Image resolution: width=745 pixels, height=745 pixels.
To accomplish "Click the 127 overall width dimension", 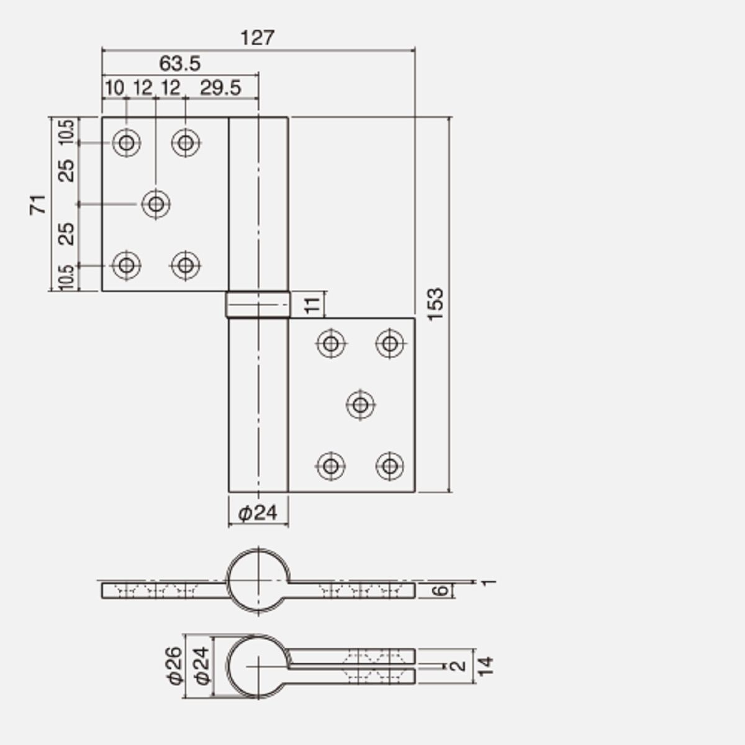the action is pyautogui.click(x=257, y=38).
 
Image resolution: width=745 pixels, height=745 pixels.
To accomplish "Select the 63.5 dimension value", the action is pyautogui.click(x=180, y=63).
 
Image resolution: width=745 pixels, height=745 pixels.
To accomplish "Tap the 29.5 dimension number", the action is pyautogui.click(x=220, y=88).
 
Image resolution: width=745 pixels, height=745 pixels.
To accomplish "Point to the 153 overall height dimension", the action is pyautogui.click(x=436, y=304).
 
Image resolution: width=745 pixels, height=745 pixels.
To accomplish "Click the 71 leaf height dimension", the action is pyautogui.click(x=38, y=204).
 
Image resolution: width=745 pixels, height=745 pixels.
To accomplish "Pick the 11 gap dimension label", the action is pyautogui.click(x=312, y=305).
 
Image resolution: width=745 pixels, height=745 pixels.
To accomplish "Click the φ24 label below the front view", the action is pyautogui.click(x=258, y=513).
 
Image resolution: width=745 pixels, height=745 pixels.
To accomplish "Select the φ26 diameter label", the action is pyautogui.click(x=175, y=666).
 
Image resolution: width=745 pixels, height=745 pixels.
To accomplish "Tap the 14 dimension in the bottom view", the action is pyautogui.click(x=485, y=666).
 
